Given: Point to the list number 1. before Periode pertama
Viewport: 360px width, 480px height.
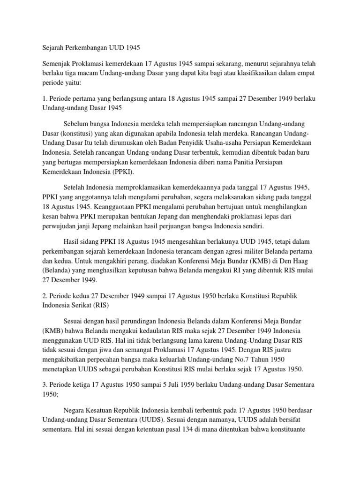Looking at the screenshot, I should [x=40, y=99].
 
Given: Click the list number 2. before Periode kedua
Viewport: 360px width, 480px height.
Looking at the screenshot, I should [x=40, y=297].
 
